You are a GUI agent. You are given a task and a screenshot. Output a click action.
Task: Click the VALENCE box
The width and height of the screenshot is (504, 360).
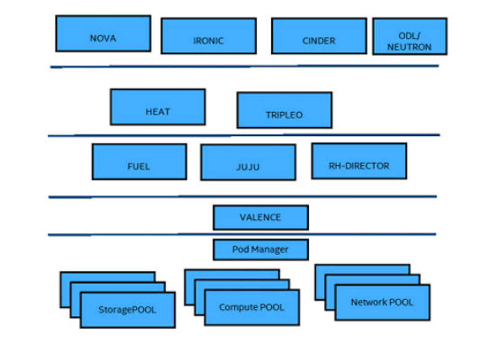(260, 217)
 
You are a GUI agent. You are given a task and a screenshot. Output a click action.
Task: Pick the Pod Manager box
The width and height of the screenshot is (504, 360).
(260, 250)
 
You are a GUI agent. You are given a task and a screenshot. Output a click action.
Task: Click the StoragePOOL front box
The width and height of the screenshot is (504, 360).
(127, 310)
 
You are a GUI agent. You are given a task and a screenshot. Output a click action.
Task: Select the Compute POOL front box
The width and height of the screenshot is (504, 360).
(252, 307)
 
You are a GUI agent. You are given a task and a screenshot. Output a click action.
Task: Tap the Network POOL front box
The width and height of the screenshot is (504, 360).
(382, 302)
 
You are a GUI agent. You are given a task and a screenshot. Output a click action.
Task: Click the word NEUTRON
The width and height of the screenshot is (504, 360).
(409, 47)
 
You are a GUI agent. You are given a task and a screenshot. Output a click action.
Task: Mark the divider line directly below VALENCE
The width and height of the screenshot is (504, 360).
(241, 234)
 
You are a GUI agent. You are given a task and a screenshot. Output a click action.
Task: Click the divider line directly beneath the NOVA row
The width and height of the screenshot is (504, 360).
(244, 66)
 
